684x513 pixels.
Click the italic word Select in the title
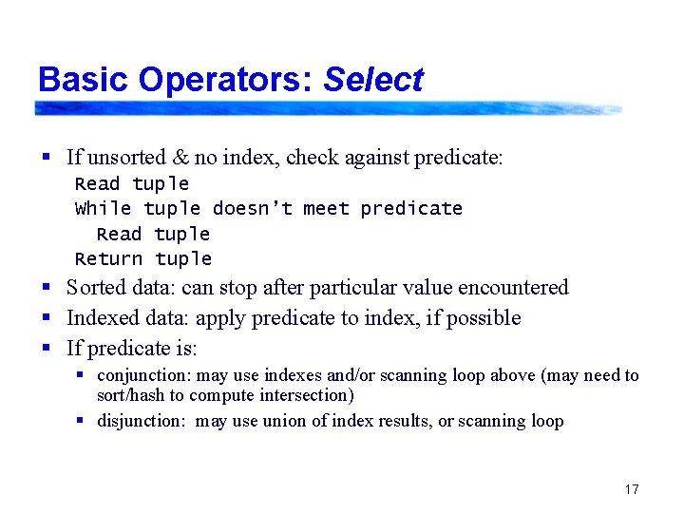372,80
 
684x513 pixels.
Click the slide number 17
632,489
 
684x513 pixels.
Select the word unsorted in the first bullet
127,157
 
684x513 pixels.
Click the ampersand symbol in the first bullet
180,157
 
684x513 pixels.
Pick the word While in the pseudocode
103,208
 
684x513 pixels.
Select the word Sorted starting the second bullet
97,287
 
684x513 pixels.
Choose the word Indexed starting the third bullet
101,317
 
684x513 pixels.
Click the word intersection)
304,394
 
